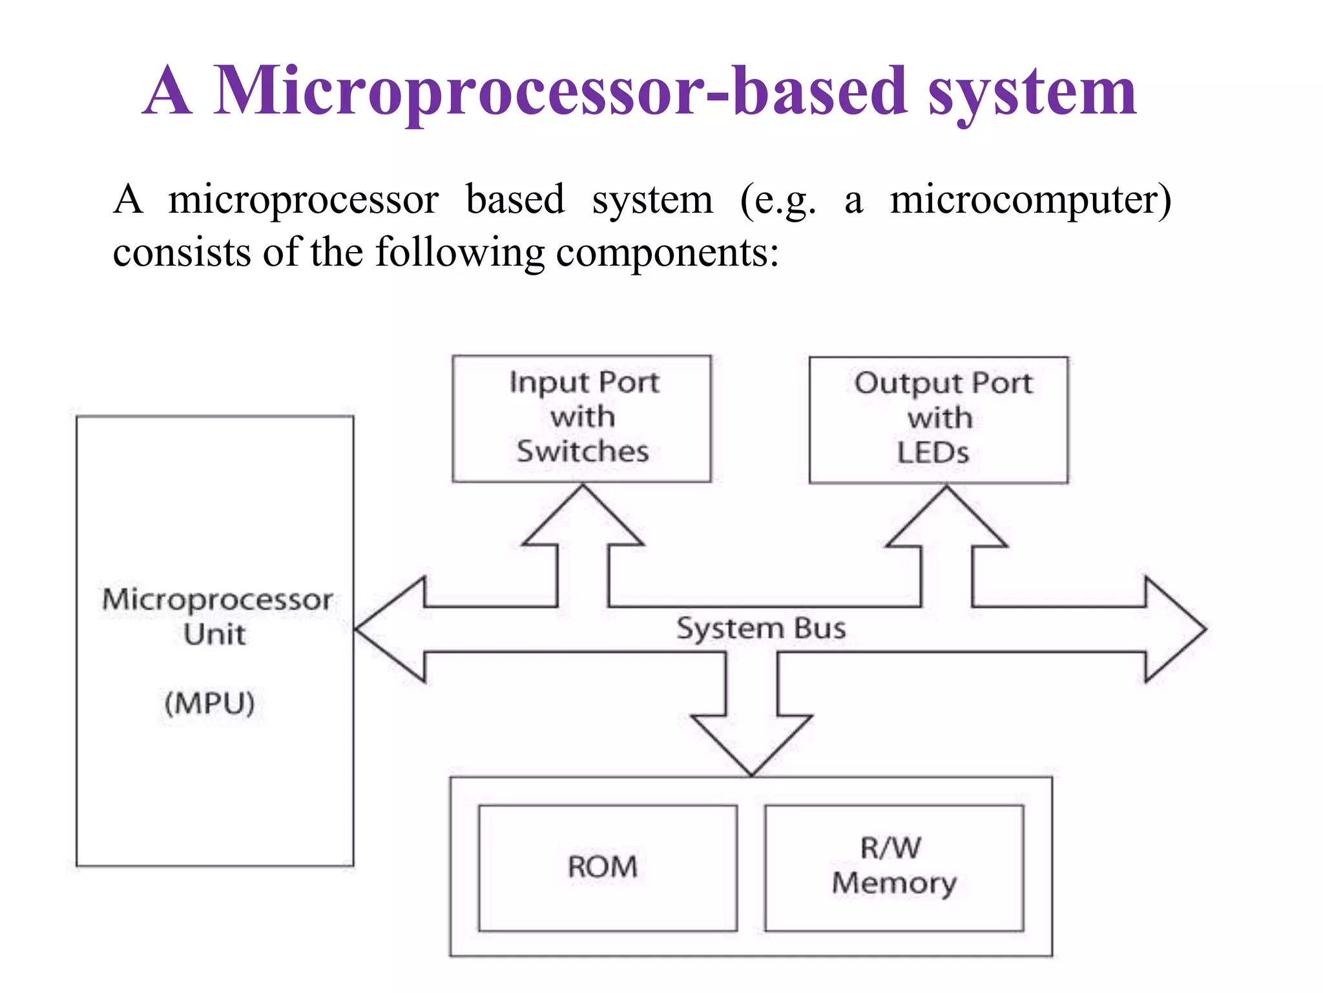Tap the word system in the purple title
point(1032,94)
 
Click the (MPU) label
point(210,703)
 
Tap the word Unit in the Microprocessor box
point(214,634)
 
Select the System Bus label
point(760,628)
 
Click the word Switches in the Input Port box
point(583,451)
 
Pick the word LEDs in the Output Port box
point(933,453)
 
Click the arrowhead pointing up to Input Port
point(583,517)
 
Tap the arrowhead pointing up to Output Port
point(946,519)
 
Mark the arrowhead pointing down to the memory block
point(751,743)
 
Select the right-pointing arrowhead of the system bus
point(1172,629)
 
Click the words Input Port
point(584,382)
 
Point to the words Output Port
point(943,383)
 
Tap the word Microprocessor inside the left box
point(218,599)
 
